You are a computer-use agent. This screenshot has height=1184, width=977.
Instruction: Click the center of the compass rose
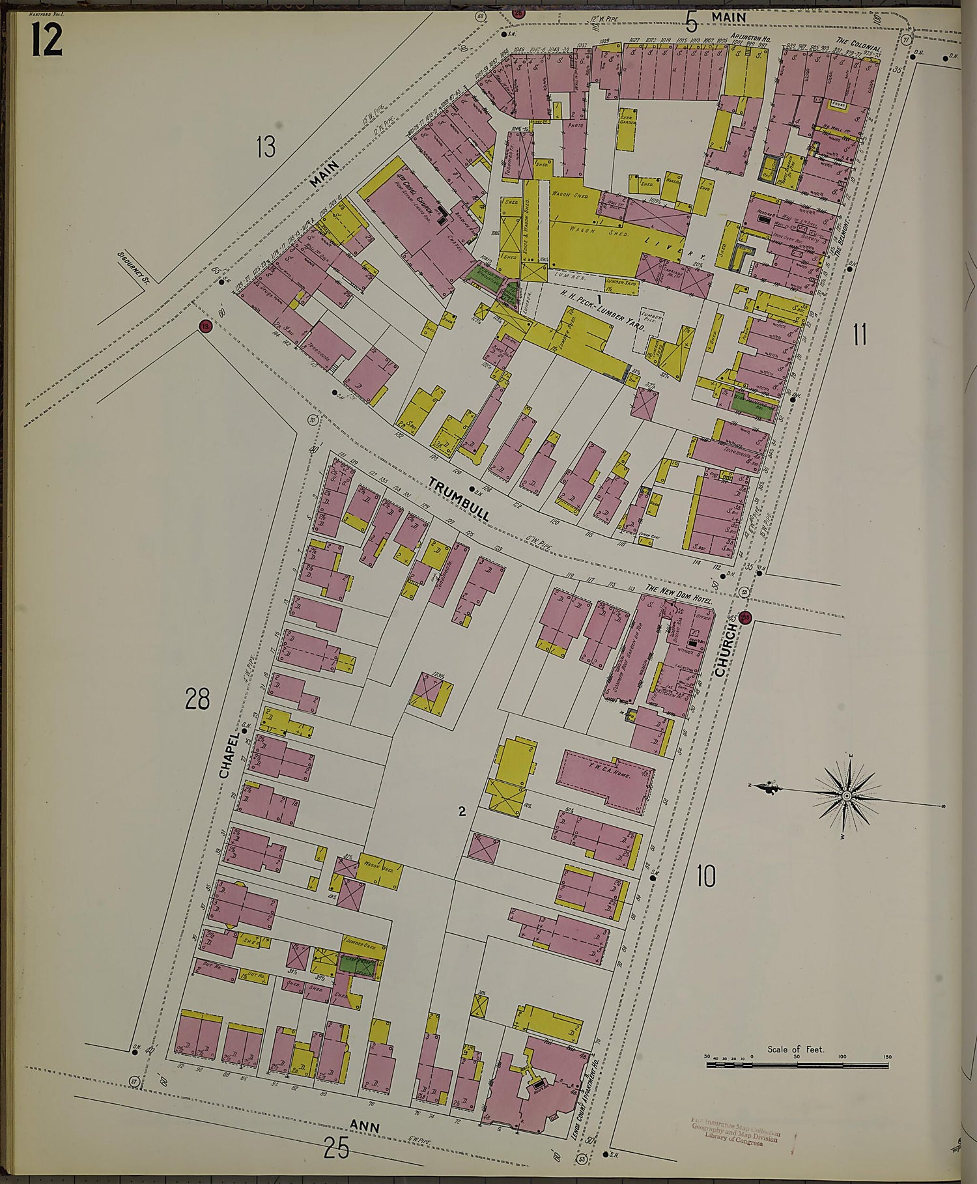coord(846,796)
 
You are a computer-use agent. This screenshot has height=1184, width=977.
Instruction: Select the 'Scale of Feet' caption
coord(796,1049)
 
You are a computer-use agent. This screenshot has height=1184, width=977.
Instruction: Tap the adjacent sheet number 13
coord(265,147)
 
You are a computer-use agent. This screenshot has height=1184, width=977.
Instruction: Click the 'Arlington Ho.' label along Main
coord(750,39)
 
